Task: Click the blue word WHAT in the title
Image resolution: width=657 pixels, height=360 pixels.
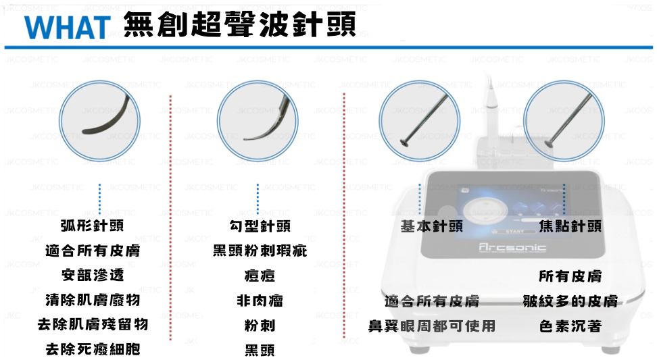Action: (x=68, y=28)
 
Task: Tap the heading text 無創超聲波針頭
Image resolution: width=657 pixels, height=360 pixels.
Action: (x=240, y=24)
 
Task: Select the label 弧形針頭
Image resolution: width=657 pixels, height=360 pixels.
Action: (x=92, y=226)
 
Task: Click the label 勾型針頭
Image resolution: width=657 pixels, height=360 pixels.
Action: (x=260, y=226)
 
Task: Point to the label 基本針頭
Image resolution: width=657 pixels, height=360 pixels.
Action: (x=432, y=226)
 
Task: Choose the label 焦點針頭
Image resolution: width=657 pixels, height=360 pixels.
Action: (x=570, y=226)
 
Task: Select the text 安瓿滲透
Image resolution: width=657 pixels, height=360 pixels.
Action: (x=93, y=275)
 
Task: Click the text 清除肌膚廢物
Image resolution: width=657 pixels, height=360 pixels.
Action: (x=93, y=300)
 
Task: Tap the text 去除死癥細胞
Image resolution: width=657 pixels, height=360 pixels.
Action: (x=93, y=349)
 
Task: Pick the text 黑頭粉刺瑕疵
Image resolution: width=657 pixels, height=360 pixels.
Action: (x=260, y=251)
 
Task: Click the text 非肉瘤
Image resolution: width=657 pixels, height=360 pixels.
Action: (x=260, y=301)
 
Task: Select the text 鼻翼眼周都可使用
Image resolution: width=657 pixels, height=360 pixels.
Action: (x=432, y=326)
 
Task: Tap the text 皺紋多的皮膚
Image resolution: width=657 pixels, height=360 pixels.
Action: (x=570, y=301)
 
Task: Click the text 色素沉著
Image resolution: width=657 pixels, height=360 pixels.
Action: (x=570, y=326)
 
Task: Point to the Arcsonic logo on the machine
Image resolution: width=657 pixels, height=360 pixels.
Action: (x=512, y=247)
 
